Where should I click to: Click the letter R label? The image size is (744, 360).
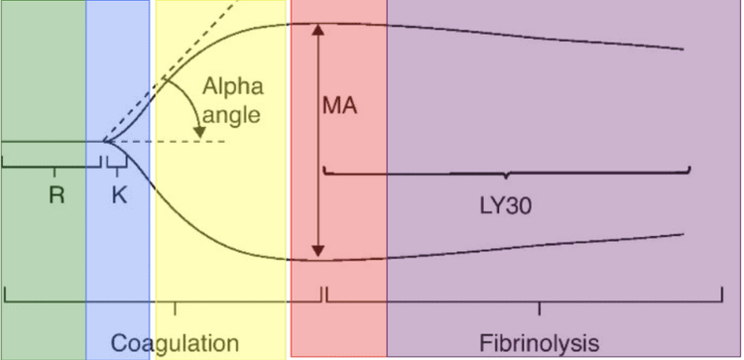coord(57,195)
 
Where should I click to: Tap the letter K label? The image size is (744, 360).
coord(119,195)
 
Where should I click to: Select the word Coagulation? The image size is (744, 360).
coord(175,343)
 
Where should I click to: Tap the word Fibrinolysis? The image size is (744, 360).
coord(540,343)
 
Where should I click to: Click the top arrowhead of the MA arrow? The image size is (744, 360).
coord(318,29)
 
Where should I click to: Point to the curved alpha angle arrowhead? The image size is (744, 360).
coord(199,133)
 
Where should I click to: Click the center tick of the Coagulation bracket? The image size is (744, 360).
coord(175,307)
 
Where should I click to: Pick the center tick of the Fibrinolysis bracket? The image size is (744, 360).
coord(539,307)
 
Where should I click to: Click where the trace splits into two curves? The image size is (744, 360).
coord(105,142)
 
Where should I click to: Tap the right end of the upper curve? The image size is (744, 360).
coord(683,49)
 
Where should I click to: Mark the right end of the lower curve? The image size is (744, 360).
coord(683,234)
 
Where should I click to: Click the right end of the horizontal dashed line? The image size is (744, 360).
coord(228,142)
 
